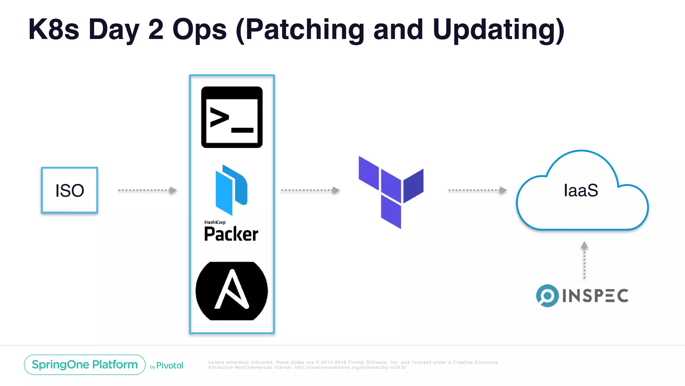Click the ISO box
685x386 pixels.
point(70,190)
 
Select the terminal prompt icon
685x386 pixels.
point(232,117)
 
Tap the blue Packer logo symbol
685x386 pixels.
point(231,190)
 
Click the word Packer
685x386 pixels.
point(231,234)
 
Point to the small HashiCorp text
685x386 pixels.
point(215,222)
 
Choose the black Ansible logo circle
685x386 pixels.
point(232,291)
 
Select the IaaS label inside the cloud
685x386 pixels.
point(581,190)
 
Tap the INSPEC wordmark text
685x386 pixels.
point(595,296)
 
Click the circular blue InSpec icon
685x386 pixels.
point(547,296)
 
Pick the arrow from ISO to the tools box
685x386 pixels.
point(147,190)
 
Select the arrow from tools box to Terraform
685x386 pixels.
point(310,190)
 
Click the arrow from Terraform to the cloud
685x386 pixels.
point(477,190)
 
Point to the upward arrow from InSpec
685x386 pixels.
point(584,260)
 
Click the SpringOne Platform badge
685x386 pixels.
point(85,365)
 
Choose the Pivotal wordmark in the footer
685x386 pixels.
point(170,366)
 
